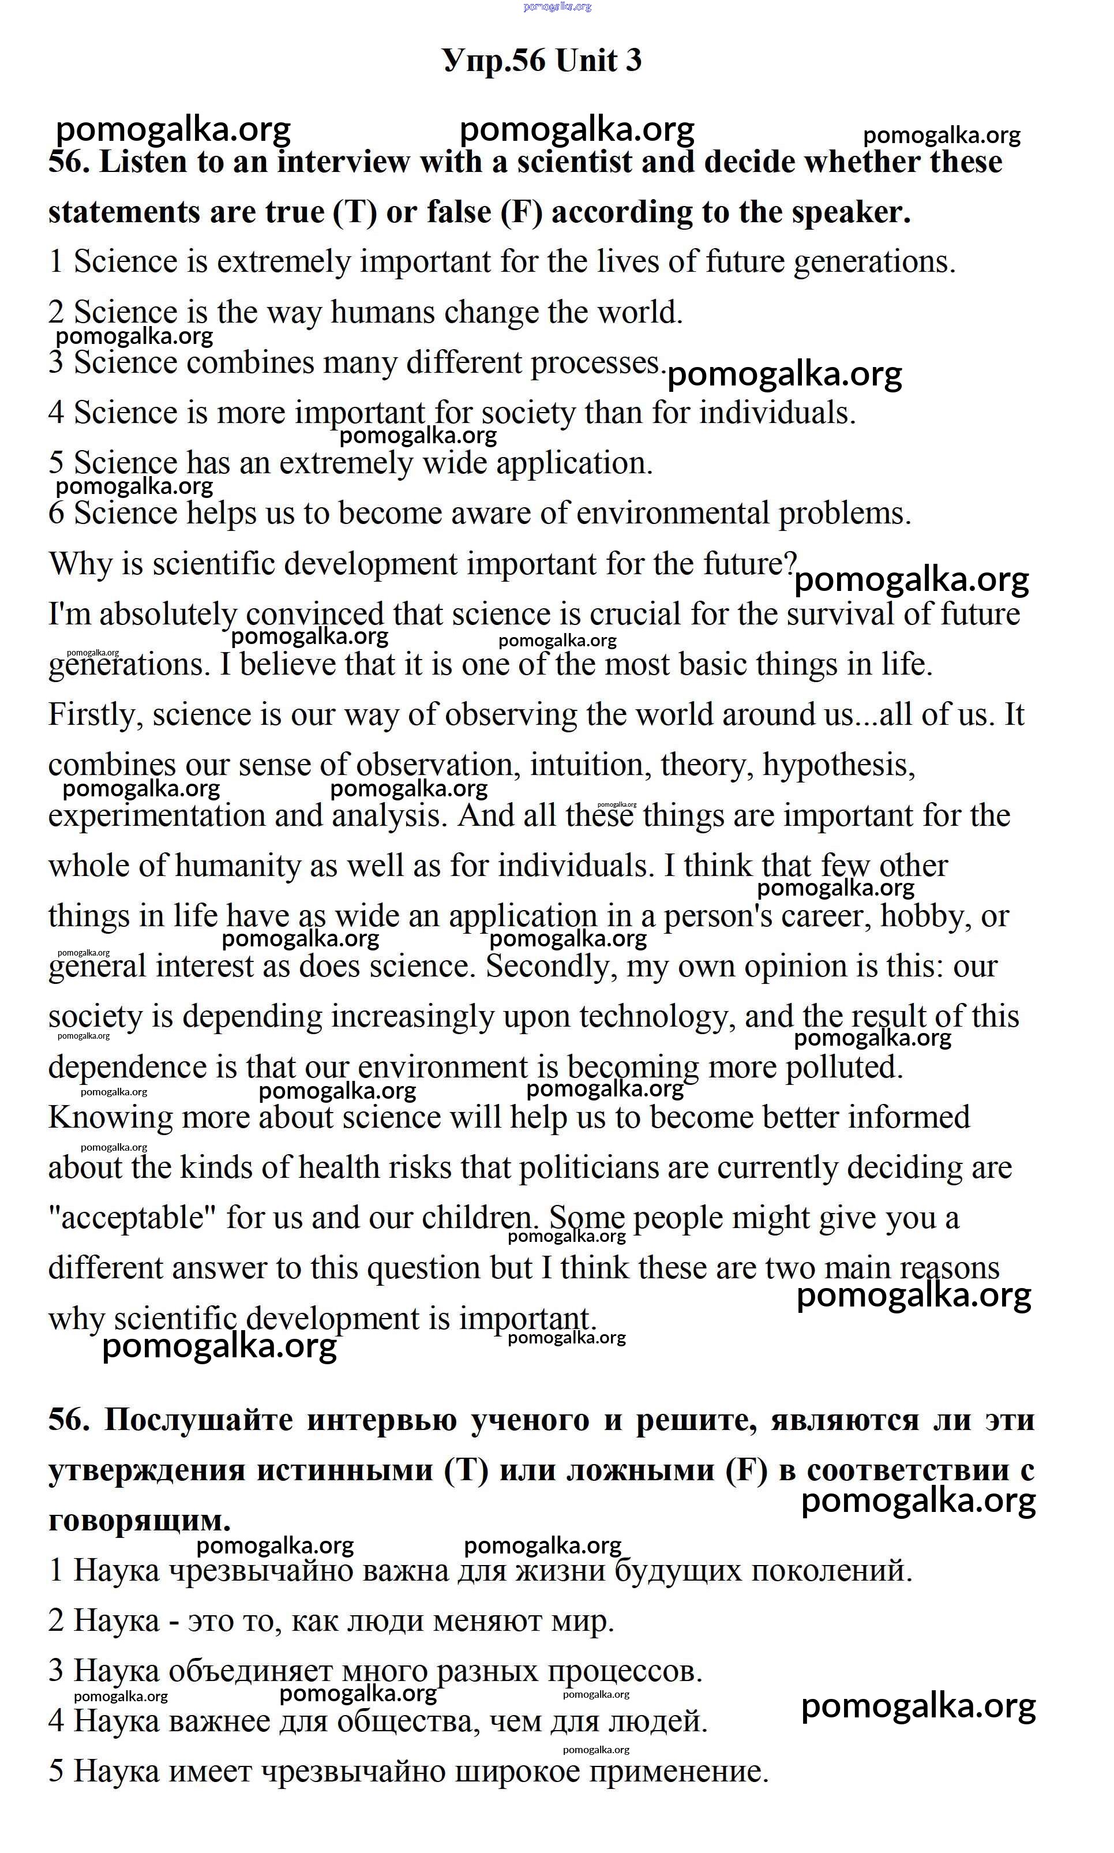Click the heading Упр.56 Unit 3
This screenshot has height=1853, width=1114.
coord(542,61)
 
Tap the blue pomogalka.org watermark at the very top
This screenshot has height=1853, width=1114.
coord(557,7)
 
